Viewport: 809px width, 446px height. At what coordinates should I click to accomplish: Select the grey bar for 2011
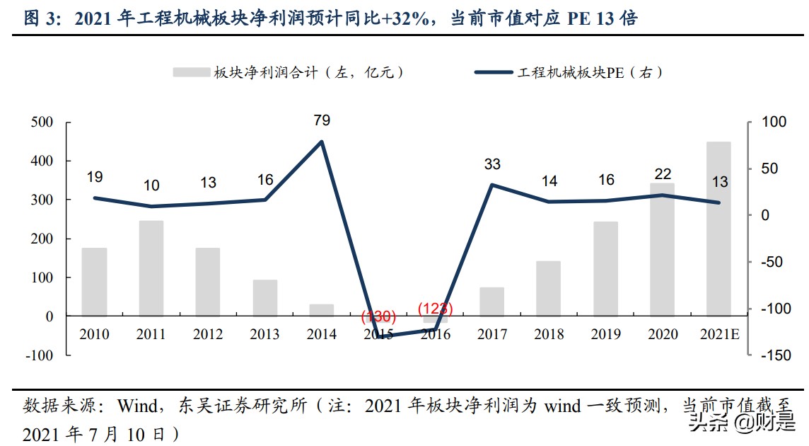pyautogui.click(x=151, y=268)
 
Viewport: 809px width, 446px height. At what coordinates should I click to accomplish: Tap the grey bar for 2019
pyautogui.click(x=605, y=268)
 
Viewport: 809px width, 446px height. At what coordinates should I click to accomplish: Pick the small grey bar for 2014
pyautogui.click(x=321, y=310)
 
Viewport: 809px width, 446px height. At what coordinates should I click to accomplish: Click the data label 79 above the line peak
pyautogui.click(x=322, y=120)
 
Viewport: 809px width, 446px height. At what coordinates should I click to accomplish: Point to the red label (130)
pyautogui.click(x=378, y=316)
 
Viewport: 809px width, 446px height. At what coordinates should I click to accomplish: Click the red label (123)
pyautogui.click(x=435, y=309)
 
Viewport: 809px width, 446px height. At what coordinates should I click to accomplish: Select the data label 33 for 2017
pyautogui.click(x=492, y=164)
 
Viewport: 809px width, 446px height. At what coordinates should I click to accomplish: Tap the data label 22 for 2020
pyautogui.click(x=663, y=174)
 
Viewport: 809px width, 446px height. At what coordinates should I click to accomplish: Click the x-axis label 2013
pyautogui.click(x=264, y=334)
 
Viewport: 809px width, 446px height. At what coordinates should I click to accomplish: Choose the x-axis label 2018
pyautogui.click(x=549, y=334)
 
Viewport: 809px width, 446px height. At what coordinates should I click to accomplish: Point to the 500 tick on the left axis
pyautogui.click(x=42, y=122)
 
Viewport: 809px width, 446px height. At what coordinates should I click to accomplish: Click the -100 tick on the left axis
pyautogui.click(x=39, y=355)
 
